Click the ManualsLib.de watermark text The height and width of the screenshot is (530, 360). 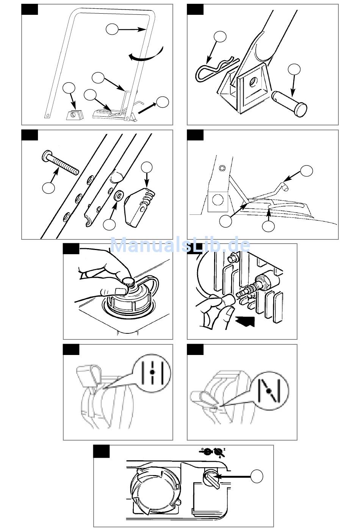[x=180, y=245]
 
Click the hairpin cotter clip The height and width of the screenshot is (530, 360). [x=214, y=70]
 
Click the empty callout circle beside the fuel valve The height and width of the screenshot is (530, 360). [x=257, y=476]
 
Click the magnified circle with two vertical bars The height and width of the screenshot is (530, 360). [x=153, y=373]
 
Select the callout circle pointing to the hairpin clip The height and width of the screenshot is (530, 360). [x=220, y=36]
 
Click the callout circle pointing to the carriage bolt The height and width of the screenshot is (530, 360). [x=48, y=188]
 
